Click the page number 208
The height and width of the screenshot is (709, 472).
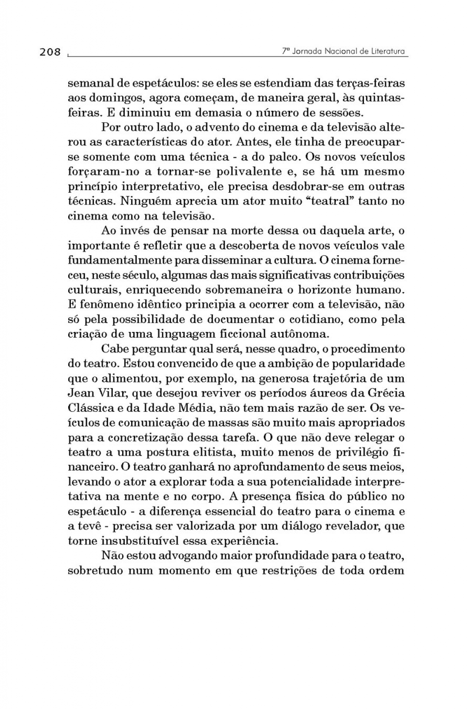point(50,52)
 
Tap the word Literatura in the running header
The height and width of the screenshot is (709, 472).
point(388,51)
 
